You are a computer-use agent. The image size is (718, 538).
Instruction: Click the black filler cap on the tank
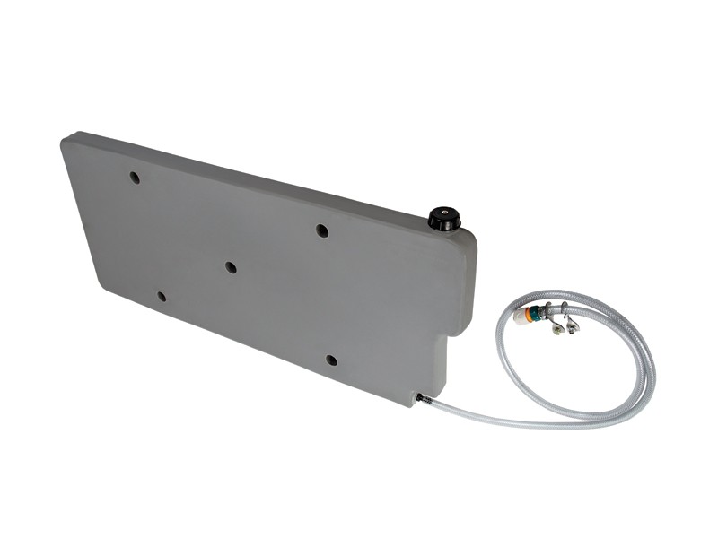pyautogui.click(x=443, y=218)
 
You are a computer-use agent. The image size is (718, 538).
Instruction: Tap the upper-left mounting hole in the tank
pyautogui.click(x=135, y=178)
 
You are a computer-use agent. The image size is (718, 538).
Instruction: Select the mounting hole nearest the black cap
pyautogui.click(x=322, y=230)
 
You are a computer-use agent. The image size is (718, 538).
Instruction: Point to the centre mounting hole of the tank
pyautogui.click(x=231, y=267)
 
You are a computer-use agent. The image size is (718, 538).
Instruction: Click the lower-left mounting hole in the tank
pyautogui.click(x=162, y=296)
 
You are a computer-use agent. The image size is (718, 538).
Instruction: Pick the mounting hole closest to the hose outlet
pyautogui.click(x=331, y=360)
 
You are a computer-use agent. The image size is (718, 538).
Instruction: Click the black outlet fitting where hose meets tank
pyautogui.click(x=420, y=396)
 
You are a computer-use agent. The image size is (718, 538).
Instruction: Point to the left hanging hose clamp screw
pyautogui.click(x=556, y=328)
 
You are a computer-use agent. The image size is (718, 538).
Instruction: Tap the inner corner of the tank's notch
pyautogui.click(x=446, y=337)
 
